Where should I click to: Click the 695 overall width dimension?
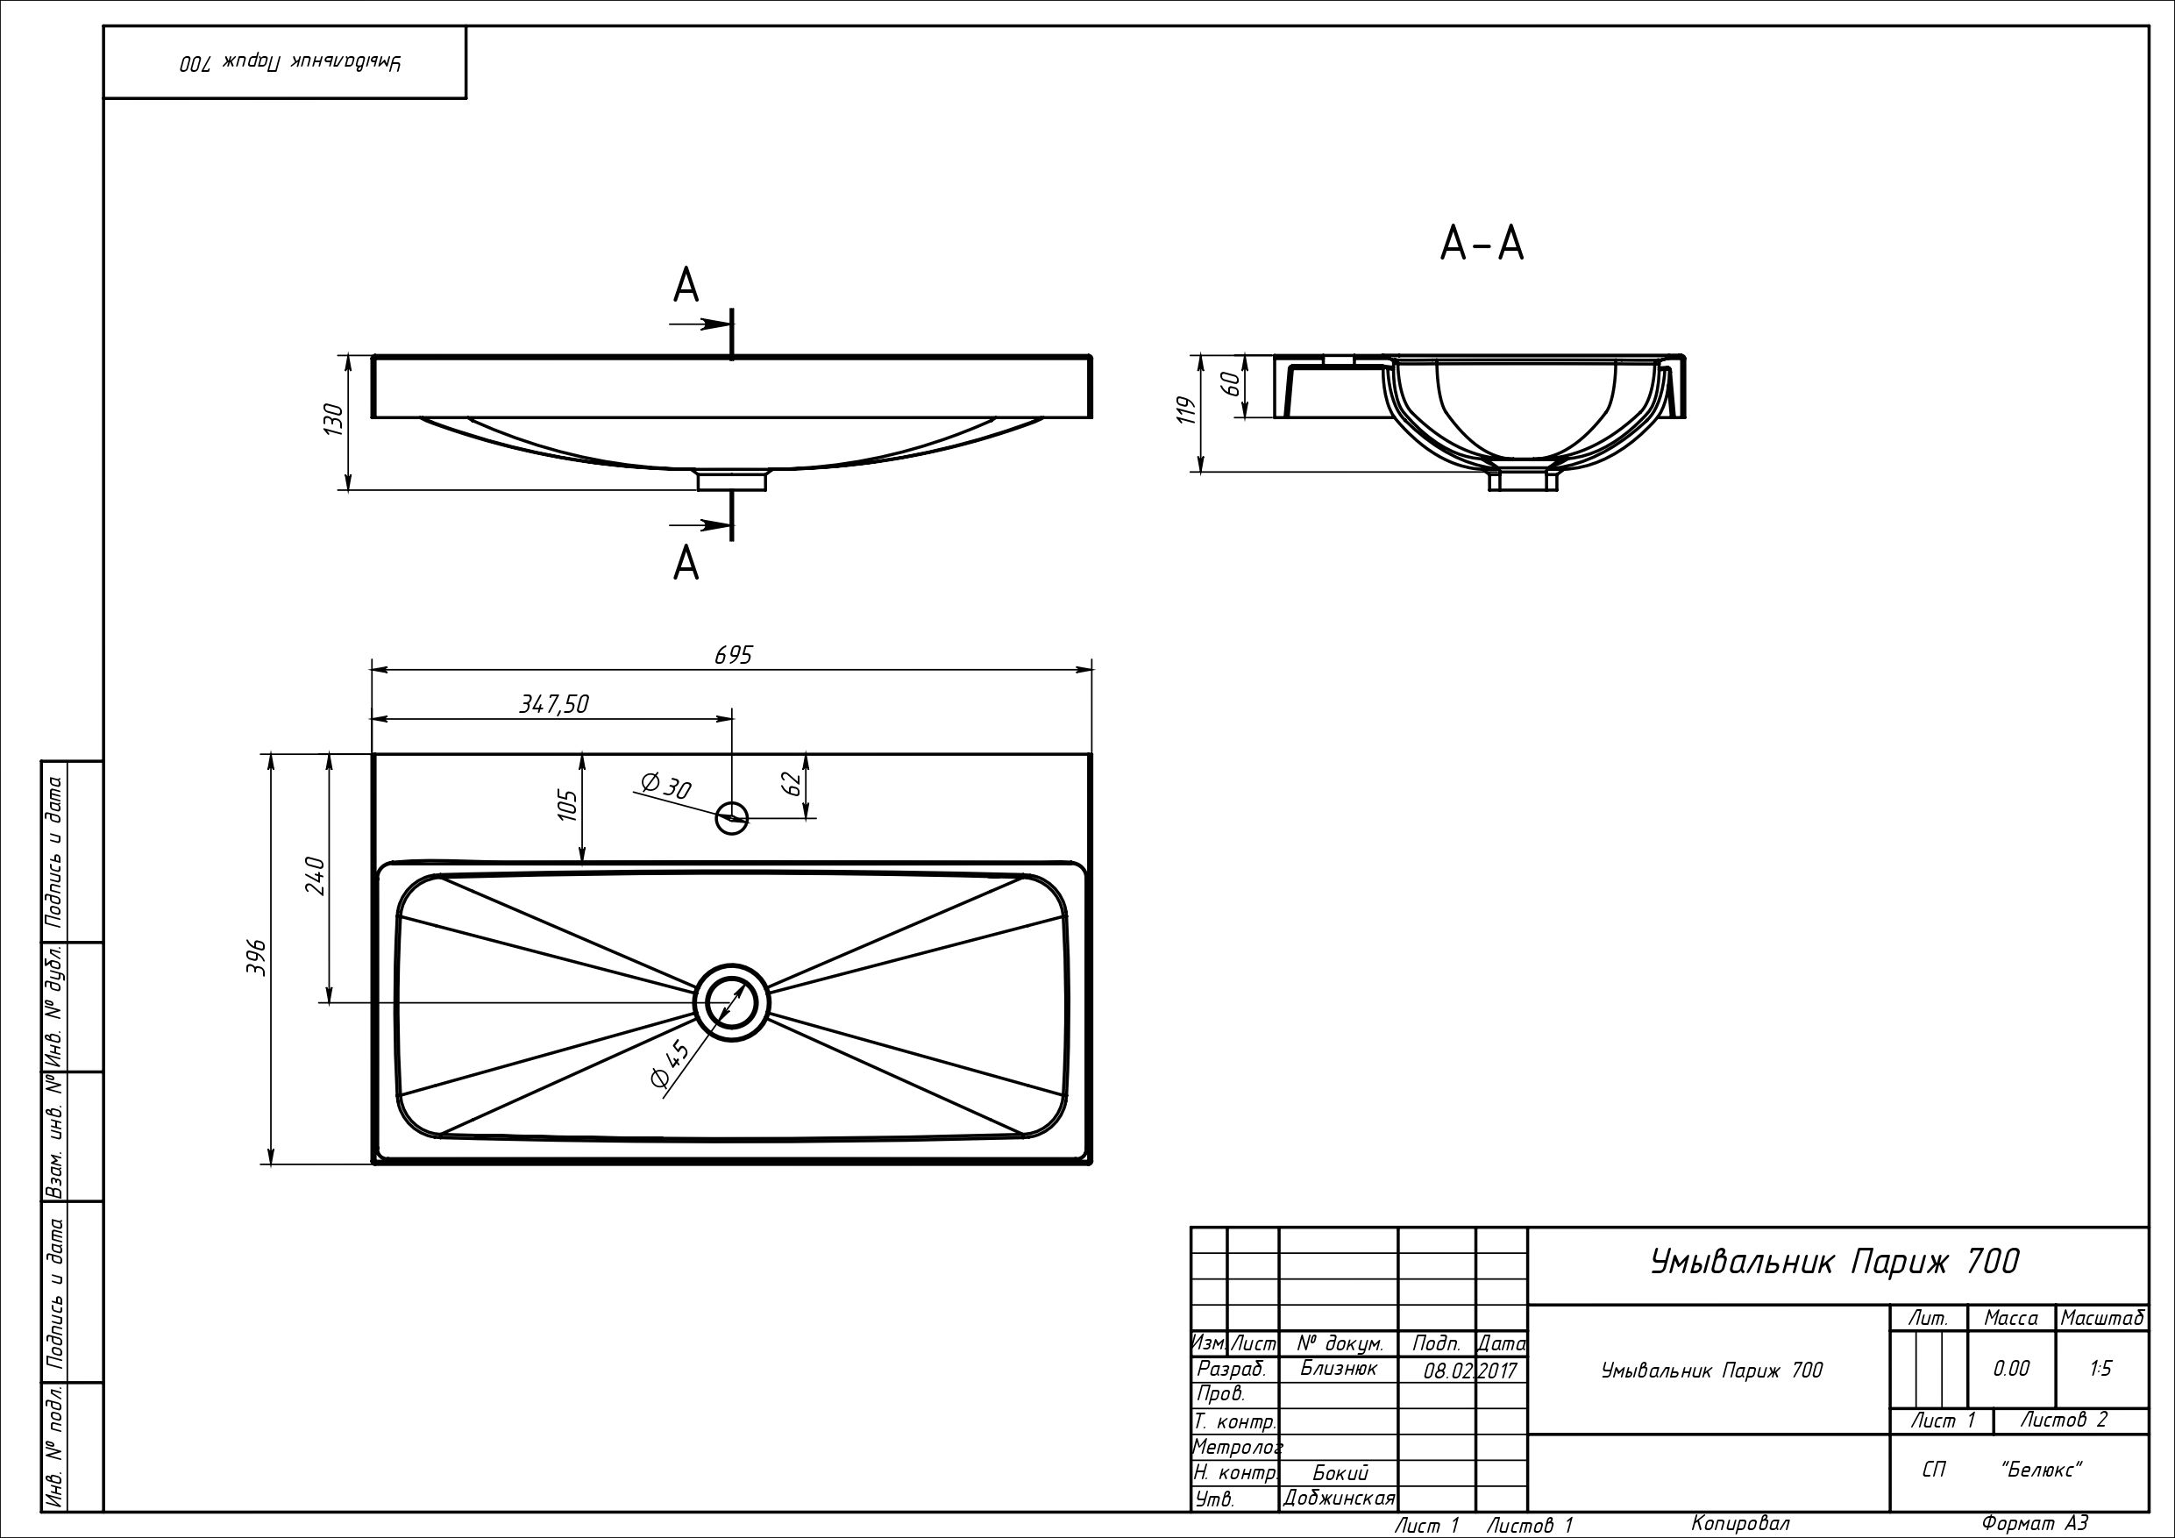coord(733,655)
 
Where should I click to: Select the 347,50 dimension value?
coord(554,703)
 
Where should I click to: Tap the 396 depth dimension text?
coord(256,958)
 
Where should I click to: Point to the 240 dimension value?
coord(315,877)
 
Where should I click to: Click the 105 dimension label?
coord(566,805)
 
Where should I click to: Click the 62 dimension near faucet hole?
coord(792,784)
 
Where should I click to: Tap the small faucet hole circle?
coord(732,818)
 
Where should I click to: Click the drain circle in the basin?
coord(731,1002)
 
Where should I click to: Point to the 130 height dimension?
coord(333,419)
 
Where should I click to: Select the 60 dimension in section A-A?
coord(1229,383)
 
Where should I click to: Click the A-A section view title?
coord(1482,244)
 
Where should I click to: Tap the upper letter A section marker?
coord(686,285)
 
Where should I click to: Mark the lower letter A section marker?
coord(686,564)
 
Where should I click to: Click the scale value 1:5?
coord(2100,1369)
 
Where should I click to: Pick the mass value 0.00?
coord(2010,1369)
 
